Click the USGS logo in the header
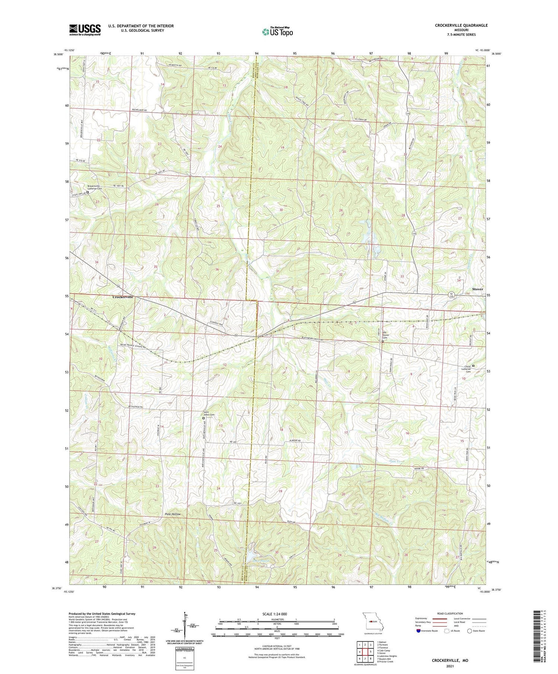[x=85, y=30]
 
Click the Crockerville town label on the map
[x=123, y=297]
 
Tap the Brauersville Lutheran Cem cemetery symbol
[x=88, y=192]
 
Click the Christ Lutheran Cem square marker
[x=473, y=365]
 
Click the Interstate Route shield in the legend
[x=419, y=631]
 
